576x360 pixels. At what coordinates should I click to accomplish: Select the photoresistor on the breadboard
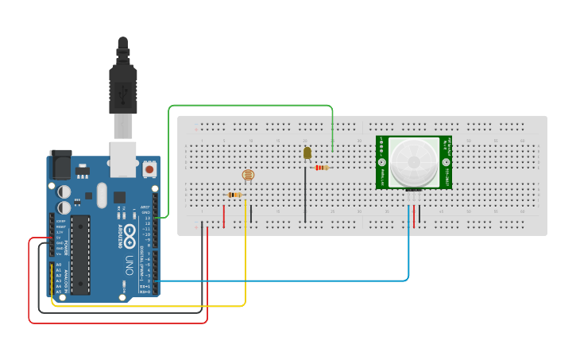click(247, 176)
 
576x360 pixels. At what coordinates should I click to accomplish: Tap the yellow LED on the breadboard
click(307, 153)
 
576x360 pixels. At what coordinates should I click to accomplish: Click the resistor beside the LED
click(321, 168)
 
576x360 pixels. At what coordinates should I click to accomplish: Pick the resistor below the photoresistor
click(235, 195)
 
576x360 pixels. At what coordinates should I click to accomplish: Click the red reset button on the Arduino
click(149, 169)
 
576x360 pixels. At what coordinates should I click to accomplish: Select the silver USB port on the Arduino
click(123, 159)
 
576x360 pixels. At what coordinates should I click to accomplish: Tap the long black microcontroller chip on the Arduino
click(80, 254)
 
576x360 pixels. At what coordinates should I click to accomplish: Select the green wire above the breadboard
click(250, 106)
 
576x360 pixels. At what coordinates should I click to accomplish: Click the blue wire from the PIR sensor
click(318, 281)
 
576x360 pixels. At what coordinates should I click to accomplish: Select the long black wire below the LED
click(305, 195)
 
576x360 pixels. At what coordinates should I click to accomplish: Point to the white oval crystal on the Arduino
click(102, 195)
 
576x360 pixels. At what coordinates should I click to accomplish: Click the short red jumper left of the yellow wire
click(224, 216)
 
